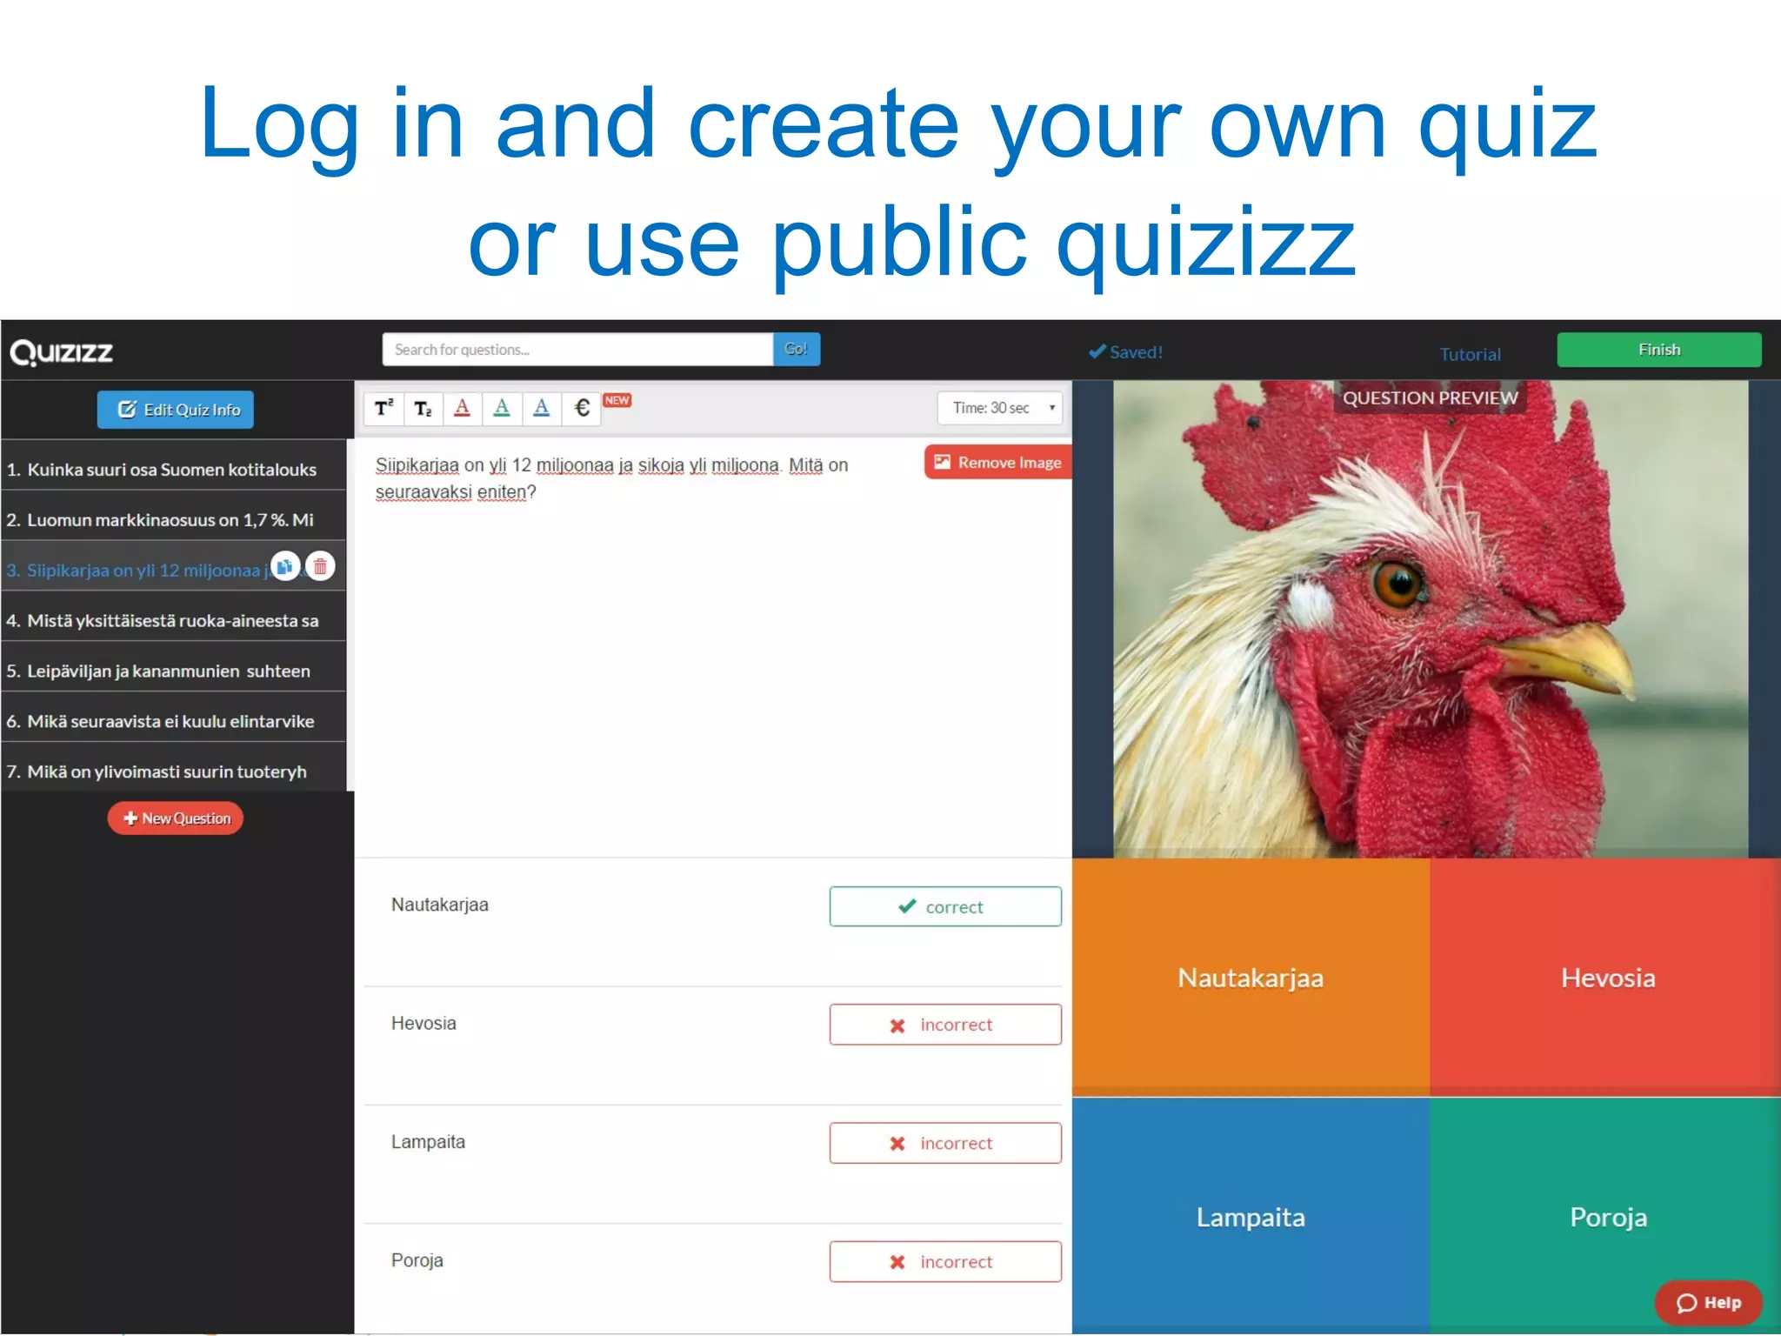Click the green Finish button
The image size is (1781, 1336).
(x=1658, y=350)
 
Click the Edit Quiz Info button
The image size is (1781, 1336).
(x=176, y=410)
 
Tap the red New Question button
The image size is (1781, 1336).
(x=176, y=818)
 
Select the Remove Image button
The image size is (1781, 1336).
(x=997, y=463)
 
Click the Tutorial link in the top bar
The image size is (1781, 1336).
(x=1470, y=354)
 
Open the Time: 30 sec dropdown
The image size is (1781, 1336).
(x=1000, y=408)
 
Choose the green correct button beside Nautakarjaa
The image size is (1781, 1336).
(x=945, y=906)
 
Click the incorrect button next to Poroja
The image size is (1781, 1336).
(x=945, y=1261)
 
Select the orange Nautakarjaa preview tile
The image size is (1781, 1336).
(x=1251, y=978)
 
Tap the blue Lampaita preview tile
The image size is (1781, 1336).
(x=1251, y=1216)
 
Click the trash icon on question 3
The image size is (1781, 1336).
(x=320, y=567)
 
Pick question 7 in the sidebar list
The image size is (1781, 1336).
(x=165, y=772)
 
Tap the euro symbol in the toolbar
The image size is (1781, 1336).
(x=582, y=408)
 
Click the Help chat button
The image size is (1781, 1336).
(x=1708, y=1302)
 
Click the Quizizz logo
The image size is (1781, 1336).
(x=62, y=352)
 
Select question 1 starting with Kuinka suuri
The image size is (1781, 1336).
(x=165, y=470)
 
